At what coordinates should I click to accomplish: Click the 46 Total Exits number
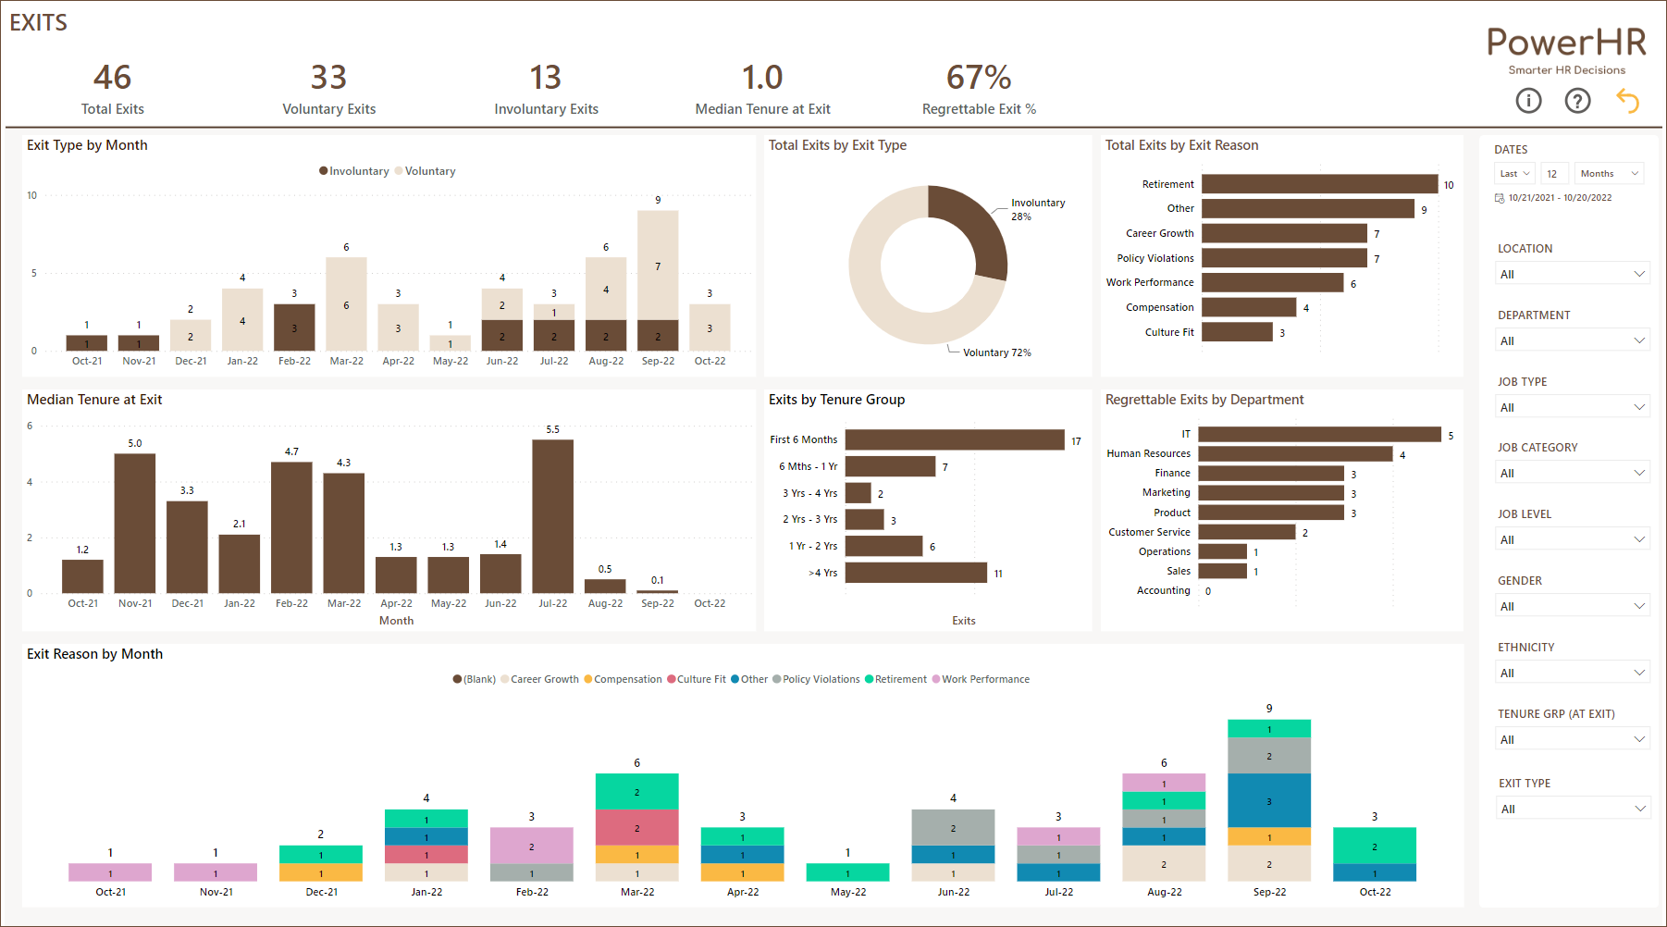tap(112, 78)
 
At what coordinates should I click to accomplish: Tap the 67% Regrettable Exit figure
tap(979, 78)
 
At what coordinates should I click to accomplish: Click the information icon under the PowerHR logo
tap(1528, 101)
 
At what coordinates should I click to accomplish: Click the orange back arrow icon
tap(1627, 101)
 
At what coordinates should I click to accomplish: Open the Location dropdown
tap(1573, 274)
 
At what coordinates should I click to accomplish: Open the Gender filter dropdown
tap(1573, 606)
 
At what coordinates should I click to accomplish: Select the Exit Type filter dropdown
tap(1573, 809)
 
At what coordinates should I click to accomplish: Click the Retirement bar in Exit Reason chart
tap(1319, 184)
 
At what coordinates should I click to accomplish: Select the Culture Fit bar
tap(1237, 332)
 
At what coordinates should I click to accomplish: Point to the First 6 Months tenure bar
tap(954, 439)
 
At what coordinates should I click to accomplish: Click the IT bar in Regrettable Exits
tap(1319, 434)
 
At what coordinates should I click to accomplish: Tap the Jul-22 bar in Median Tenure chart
tap(552, 515)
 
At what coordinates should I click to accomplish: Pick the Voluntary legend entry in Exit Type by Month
tap(429, 171)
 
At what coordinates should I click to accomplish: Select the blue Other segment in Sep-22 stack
tap(1268, 800)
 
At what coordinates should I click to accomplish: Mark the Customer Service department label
tap(1149, 532)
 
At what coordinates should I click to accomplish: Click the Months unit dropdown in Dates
tap(1609, 174)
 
